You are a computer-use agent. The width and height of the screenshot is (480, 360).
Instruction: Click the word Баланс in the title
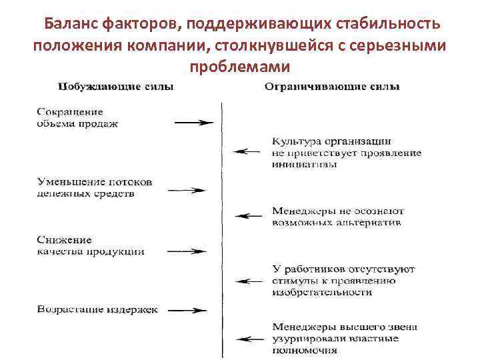71,25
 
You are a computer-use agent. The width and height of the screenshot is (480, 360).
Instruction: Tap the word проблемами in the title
239,67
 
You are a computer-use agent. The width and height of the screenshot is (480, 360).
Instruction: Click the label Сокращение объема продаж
78,118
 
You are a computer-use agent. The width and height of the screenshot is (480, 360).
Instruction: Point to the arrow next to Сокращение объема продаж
194,123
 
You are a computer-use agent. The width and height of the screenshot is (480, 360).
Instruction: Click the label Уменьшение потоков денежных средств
95,187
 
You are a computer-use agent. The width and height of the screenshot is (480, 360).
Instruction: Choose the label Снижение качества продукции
90,246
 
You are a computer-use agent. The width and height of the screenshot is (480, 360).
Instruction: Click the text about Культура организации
346,153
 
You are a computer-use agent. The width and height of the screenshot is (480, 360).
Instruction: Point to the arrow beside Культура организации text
250,151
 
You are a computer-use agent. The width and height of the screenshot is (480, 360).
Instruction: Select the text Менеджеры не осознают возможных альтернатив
337,217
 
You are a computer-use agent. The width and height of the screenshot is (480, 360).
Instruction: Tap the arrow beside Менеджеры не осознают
250,215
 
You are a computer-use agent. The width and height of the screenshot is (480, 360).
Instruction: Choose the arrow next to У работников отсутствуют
250,281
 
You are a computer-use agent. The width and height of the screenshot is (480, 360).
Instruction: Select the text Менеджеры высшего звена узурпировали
344,338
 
